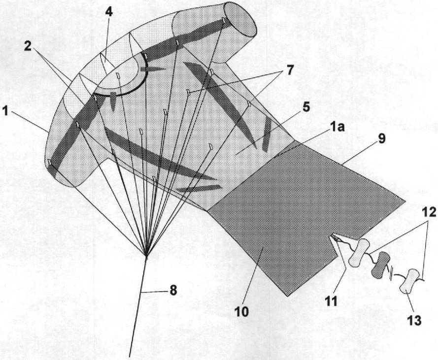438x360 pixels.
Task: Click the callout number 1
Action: coord(5,111)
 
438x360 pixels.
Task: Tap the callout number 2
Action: coord(28,46)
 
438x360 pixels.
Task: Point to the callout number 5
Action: coord(306,107)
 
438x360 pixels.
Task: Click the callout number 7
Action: coord(290,69)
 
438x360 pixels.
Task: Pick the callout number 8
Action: coord(173,291)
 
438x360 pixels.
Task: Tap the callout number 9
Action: coord(381,138)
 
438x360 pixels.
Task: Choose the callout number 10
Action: coord(241,312)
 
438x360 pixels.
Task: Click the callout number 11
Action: coord(331,301)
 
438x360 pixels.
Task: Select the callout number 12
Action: coord(429,212)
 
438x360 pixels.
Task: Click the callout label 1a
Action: coord(337,128)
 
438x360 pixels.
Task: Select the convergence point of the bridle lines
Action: coord(146,255)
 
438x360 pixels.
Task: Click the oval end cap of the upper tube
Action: coord(241,20)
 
